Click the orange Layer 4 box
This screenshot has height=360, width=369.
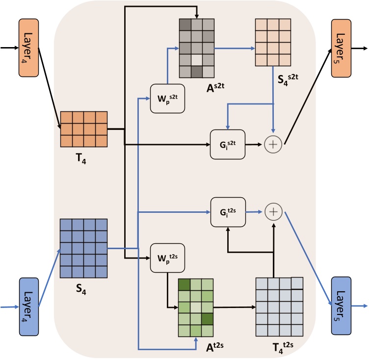coord(28,48)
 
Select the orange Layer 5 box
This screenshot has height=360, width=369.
coord(342,48)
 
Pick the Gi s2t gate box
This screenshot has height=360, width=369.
coord(227,145)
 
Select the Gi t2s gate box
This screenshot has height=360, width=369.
coord(227,212)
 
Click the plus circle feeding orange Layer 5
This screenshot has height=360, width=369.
coord(272,145)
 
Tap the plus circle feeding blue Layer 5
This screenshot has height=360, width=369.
coord(272,212)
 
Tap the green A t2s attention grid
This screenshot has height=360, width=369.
coord(196,308)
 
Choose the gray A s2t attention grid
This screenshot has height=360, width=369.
coord(196,48)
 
